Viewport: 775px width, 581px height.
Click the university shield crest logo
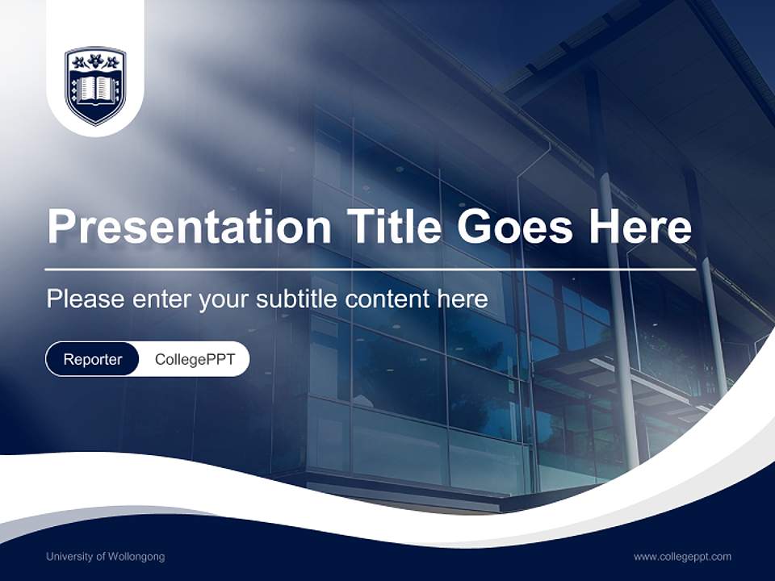point(95,86)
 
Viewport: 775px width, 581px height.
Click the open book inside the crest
point(95,89)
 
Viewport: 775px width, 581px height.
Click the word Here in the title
point(640,227)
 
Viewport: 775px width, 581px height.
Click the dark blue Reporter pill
point(93,359)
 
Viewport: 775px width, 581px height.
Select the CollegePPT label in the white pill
point(195,359)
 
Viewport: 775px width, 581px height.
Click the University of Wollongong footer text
point(105,557)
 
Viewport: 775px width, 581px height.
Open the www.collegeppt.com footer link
point(682,557)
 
